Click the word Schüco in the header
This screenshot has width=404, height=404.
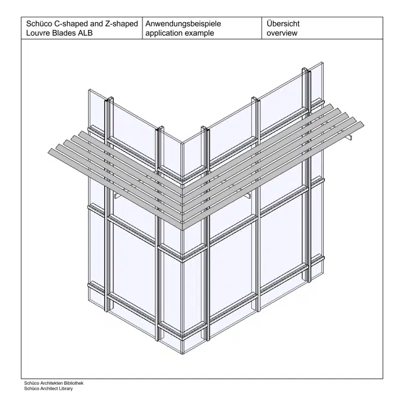pos(39,24)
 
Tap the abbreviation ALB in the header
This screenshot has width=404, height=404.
pos(85,33)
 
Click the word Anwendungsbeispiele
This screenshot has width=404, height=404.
pos(183,24)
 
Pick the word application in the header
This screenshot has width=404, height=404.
pos(163,33)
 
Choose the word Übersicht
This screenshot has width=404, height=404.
pos(283,23)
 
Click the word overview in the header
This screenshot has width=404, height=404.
pos(282,33)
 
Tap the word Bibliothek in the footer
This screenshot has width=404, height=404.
pos(74,383)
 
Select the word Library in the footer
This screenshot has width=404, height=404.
pos(66,388)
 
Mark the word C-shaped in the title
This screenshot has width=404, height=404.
pos(71,24)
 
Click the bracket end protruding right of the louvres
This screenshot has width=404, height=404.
pos(350,137)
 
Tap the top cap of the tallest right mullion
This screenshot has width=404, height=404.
pos(306,70)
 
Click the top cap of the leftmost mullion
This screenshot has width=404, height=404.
pos(109,99)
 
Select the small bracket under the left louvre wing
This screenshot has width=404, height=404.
pos(117,196)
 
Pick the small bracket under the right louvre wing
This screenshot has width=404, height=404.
pos(248,196)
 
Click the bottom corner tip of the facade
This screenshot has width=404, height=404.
pos(183,354)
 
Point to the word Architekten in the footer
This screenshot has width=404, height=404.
pos(53,383)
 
